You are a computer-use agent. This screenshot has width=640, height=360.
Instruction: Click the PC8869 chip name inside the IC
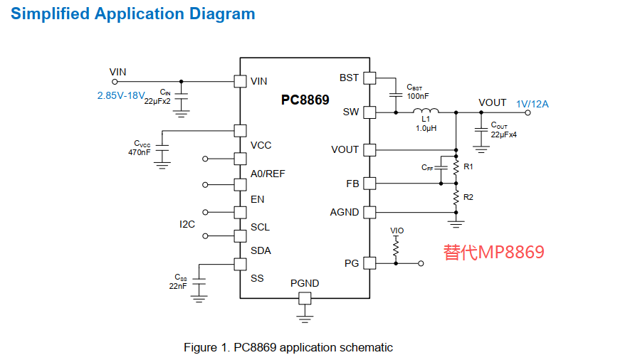click(305, 100)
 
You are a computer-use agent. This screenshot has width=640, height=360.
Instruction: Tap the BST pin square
click(369, 78)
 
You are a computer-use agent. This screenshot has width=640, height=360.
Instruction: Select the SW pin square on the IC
click(369, 112)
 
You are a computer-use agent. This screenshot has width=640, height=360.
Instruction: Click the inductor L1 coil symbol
click(426, 110)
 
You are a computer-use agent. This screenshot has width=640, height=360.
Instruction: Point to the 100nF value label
click(418, 96)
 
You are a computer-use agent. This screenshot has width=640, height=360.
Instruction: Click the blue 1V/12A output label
click(533, 104)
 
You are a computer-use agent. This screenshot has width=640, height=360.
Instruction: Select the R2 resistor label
click(468, 197)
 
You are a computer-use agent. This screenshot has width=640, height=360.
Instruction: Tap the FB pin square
click(369, 184)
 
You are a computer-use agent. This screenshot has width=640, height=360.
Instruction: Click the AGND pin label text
click(345, 213)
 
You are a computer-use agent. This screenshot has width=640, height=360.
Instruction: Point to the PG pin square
click(369, 263)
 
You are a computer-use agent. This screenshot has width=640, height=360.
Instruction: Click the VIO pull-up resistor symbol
click(396, 247)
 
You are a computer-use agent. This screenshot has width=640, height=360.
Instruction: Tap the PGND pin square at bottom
click(305, 298)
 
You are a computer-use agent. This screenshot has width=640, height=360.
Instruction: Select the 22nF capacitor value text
click(178, 286)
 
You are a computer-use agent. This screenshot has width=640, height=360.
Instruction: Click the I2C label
click(187, 224)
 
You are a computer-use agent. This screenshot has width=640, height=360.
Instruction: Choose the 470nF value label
click(140, 152)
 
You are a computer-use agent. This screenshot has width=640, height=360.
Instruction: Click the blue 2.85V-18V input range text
click(121, 95)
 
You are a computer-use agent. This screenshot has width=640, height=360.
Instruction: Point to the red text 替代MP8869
click(494, 252)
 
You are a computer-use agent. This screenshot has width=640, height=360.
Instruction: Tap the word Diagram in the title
click(222, 14)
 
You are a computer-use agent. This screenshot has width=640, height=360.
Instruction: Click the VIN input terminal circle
click(115, 82)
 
